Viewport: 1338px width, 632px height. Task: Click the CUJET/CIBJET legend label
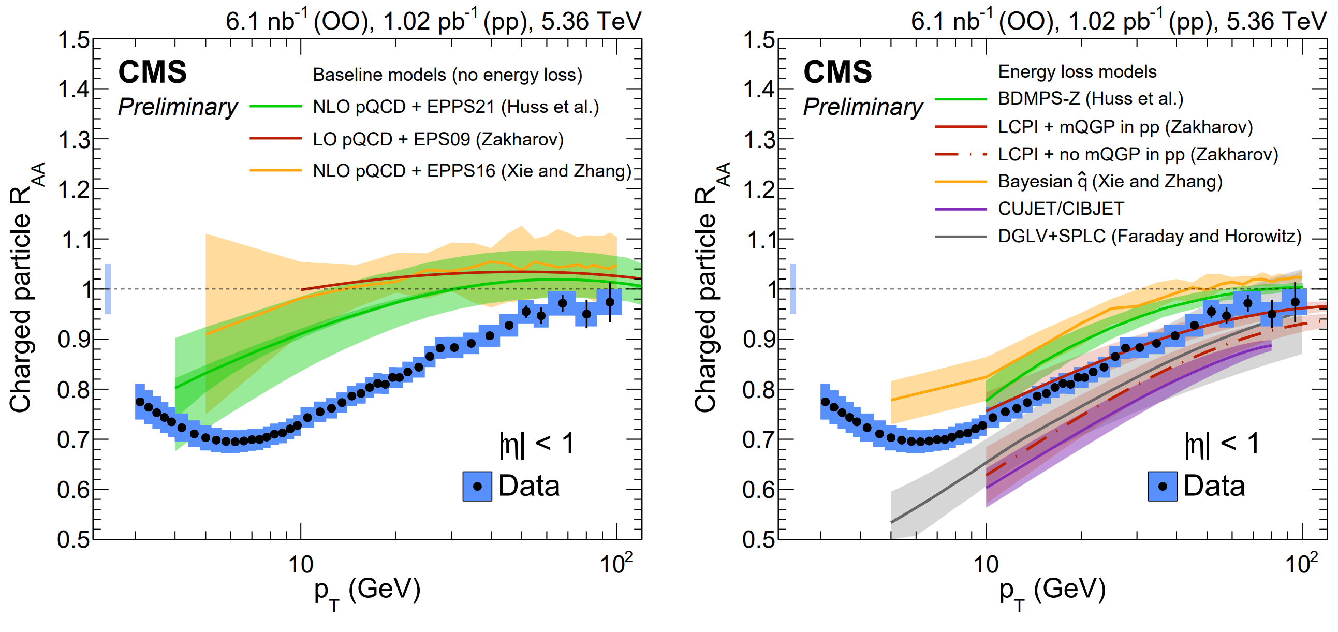click(1061, 209)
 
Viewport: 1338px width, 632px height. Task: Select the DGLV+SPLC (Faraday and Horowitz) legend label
click(1150, 236)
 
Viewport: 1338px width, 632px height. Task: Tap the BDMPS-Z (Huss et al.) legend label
click(1090, 99)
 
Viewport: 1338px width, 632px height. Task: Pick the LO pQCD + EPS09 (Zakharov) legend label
click(438, 139)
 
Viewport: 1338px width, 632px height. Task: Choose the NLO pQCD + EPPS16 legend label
click(472, 171)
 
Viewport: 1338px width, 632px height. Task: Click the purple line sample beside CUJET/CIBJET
click(960, 209)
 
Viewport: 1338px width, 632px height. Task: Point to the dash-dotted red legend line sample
click(960, 154)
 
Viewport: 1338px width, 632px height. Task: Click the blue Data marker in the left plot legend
click(477, 487)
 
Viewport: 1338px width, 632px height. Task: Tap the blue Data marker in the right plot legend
click(1163, 487)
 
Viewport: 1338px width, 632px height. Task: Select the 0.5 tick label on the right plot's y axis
click(759, 539)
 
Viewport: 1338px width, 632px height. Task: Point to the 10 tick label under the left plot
click(301, 565)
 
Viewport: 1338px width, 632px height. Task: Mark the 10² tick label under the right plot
click(1301, 564)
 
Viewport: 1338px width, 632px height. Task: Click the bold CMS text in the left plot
click(152, 71)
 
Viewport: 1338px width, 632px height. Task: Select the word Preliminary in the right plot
click(863, 107)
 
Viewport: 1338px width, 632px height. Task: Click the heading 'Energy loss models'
click(1077, 71)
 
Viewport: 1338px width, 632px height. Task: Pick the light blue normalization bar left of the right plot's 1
click(793, 289)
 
